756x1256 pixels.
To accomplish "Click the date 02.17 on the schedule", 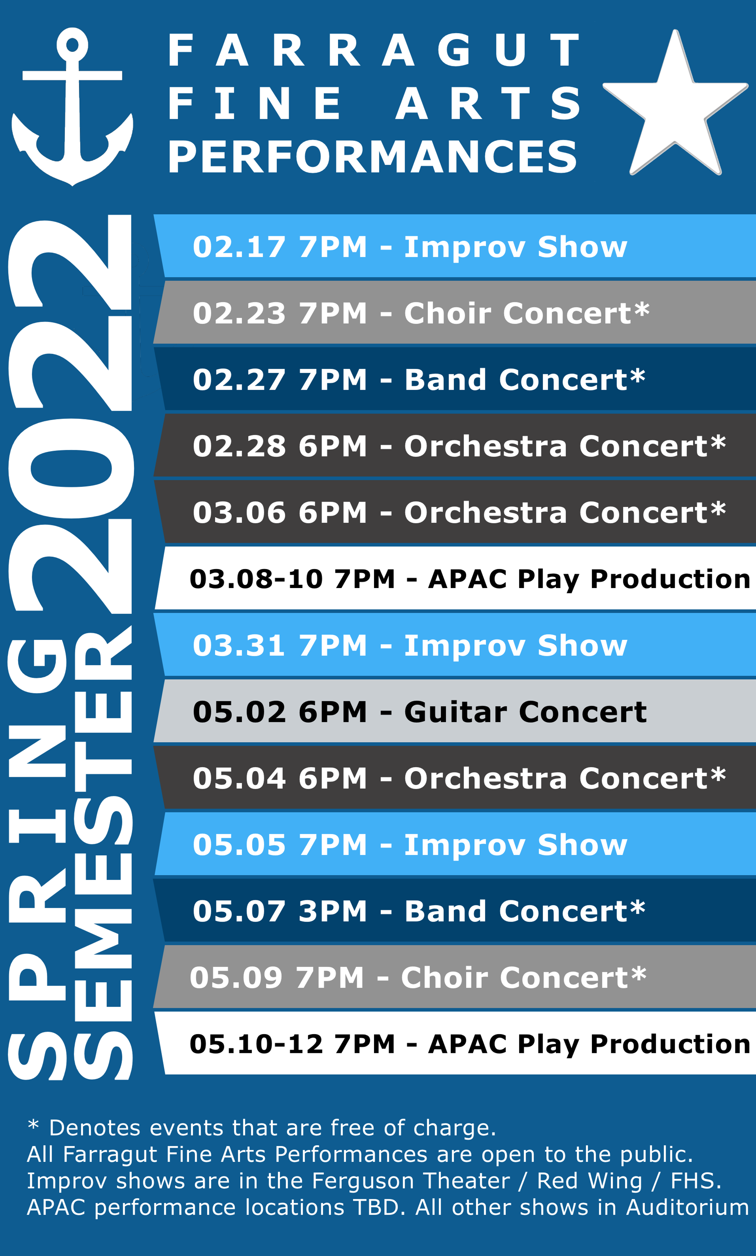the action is (x=239, y=247).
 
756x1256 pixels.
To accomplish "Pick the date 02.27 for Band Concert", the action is (x=239, y=380).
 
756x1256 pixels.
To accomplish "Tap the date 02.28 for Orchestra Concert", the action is (x=239, y=446).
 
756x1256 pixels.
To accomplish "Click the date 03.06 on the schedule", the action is (x=239, y=513).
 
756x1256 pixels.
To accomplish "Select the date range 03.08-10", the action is (x=256, y=579).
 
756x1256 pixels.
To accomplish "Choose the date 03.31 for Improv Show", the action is (x=239, y=646).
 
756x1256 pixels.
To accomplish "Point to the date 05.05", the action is (x=239, y=845).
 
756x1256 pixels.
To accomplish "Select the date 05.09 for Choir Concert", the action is (x=236, y=978).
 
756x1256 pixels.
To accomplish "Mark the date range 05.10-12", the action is (x=256, y=1044).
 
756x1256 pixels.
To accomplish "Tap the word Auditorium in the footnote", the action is (x=687, y=1207).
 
